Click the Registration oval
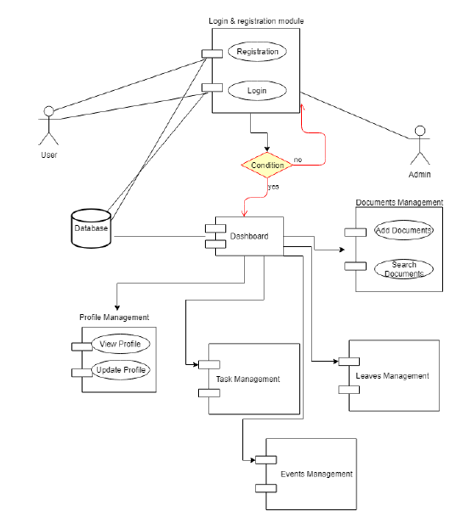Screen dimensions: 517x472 257,53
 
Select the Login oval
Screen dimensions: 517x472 257,90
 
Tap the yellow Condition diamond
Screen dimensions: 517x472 267,165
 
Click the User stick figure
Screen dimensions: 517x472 49,126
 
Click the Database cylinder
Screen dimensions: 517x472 90,228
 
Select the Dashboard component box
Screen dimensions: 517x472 248,237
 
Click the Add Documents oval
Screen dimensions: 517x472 404,230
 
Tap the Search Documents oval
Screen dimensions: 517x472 404,269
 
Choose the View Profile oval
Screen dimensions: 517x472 120,344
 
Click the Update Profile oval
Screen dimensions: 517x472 120,370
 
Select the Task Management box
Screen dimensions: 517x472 248,379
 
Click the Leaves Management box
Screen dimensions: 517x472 393,376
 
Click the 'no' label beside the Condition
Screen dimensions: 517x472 298,160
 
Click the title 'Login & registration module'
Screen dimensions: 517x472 256,20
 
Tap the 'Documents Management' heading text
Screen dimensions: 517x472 399,203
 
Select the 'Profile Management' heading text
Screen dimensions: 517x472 114,318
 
